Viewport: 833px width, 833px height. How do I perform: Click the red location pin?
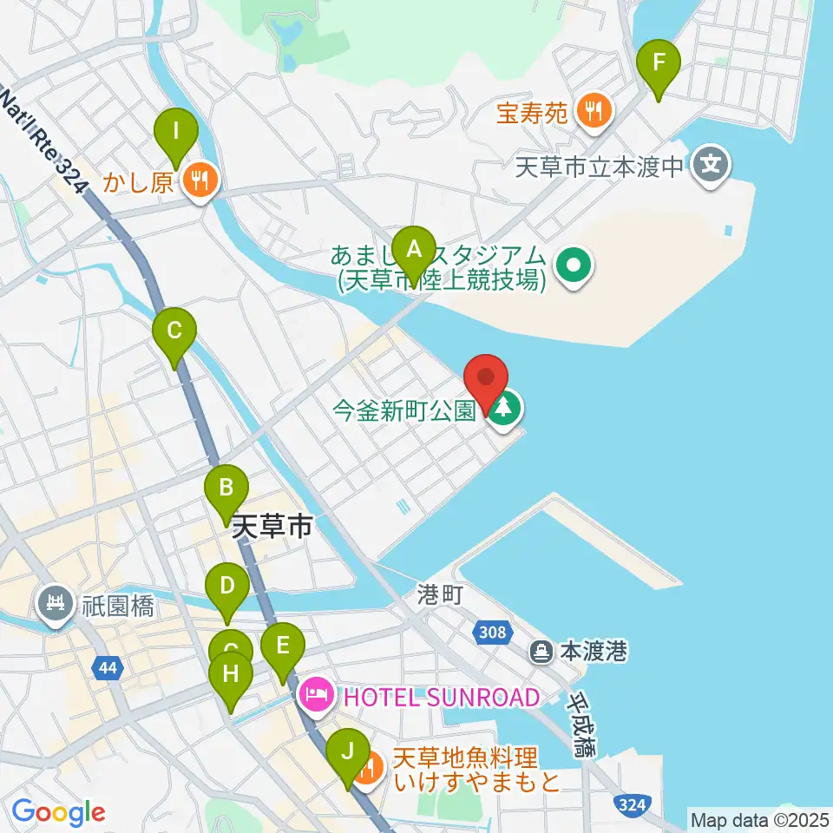[x=486, y=382]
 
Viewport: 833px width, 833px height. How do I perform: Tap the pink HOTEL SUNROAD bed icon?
[x=314, y=694]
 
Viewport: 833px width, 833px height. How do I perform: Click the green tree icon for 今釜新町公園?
[x=504, y=408]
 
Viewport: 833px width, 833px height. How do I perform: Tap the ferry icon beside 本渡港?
[x=541, y=649]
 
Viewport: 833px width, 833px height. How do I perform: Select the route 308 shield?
[x=492, y=633]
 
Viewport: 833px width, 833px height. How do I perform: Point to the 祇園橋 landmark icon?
[x=56, y=604]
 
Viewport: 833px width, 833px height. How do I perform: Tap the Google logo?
[x=58, y=813]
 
